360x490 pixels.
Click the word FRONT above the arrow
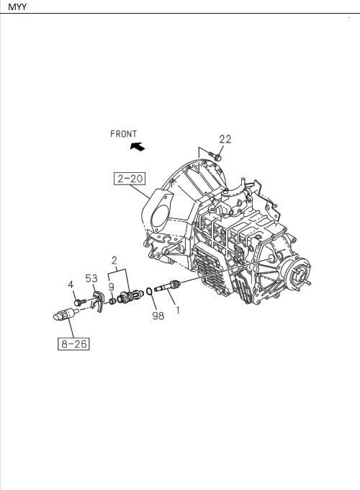pyautogui.click(x=124, y=134)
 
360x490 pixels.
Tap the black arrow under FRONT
pyautogui.click(x=135, y=146)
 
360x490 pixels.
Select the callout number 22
pyautogui.click(x=225, y=140)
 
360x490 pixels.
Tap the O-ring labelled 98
pyautogui.click(x=148, y=292)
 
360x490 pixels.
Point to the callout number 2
pyautogui.click(x=114, y=259)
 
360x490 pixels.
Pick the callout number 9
pyautogui.click(x=111, y=286)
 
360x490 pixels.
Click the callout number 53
pyautogui.click(x=92, y=277)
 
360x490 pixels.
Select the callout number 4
pyautogui.click(x=71, y=285)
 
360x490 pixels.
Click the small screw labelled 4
pyautogui.click(x=79, y=301)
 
